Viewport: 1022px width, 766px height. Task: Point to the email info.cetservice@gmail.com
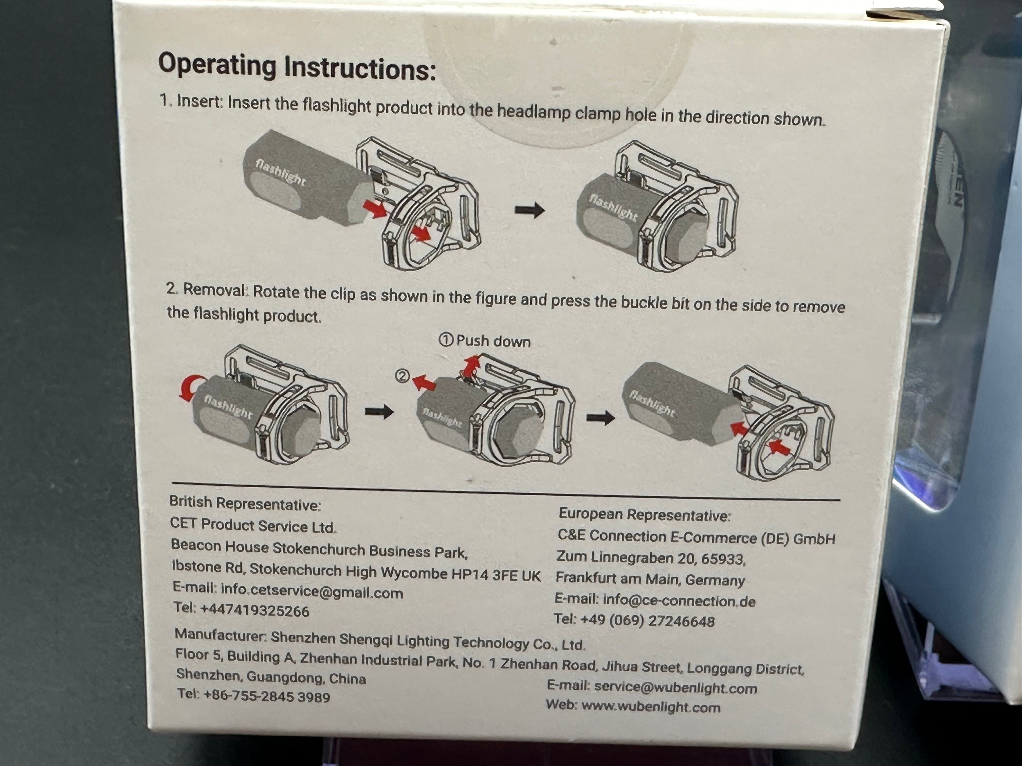[x=312, y=591]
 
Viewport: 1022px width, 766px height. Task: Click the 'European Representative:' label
[x=645, y=515]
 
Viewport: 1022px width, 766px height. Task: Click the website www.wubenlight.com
[x=650, y=706]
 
